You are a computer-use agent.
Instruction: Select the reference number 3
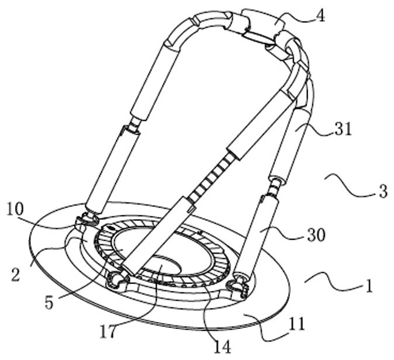[382, 191]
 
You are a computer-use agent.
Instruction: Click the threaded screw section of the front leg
[212, 175]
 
